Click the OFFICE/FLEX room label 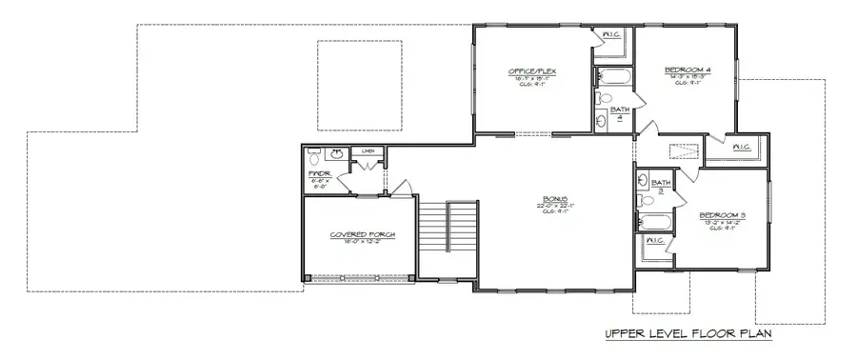pyautogui.click(x=532, y=71)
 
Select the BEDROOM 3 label pyautogui.click(x=722, y=215)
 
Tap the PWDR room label pyautogui.click(x=319, y=173)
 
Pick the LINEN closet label pyautogui.click(x=366, y=150)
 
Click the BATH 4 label pyautogui.click(x=620, y=113)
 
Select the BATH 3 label pyautogui.click(x=661, y=185)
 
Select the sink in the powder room pyautogui.click(x=335, y=153)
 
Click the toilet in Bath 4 pyautogui.click(x=603, y=98)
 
